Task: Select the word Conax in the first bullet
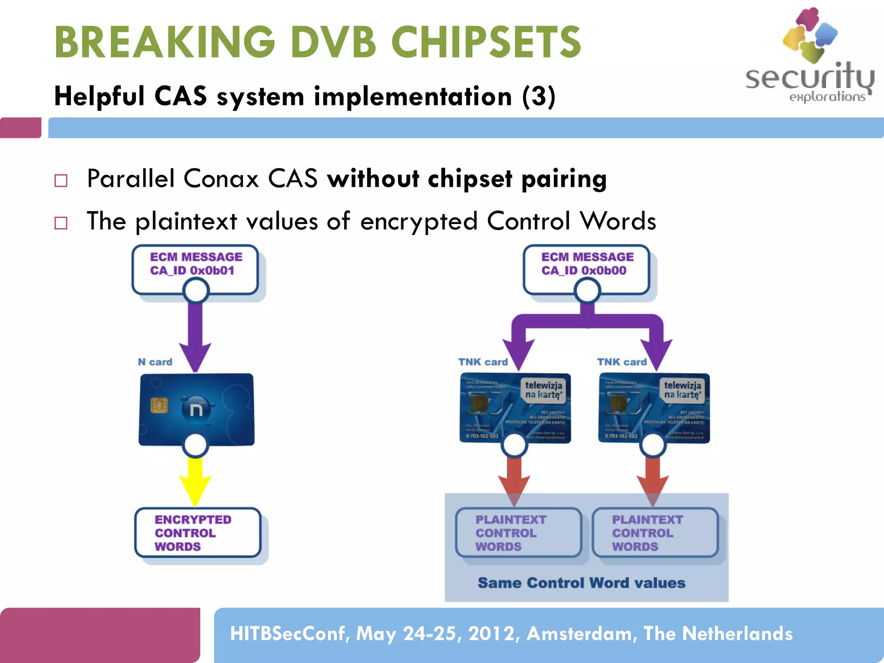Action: pyautogui.click(x=220, y=178)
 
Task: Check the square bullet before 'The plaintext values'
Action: pyautogui.click(x=61, y=223)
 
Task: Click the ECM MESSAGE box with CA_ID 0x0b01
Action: pyautogui.click(x=196, y=264)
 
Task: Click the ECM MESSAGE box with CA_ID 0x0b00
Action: pyautogui.click(x=587, y=264)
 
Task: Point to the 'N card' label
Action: pyautogui.click(x=155, y=362)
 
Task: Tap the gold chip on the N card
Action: pyautogui.click(x=159, y=405)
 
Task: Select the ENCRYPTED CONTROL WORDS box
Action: pyautogui.click(x=198, y=533)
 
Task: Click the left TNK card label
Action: pyautogui.click(x=483, y=362)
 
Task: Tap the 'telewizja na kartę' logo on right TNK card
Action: pyautogui.click(x=682, y=389)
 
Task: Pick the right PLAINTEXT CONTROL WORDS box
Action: pyautogui.click(x=654, y=533)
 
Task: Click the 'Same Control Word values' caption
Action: pyautogui.click(x=581, y=583)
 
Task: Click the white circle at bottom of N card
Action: pyautogui.click(x=196, y=445)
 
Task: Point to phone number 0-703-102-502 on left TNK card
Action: pyautogui.click(x=482, y=436)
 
